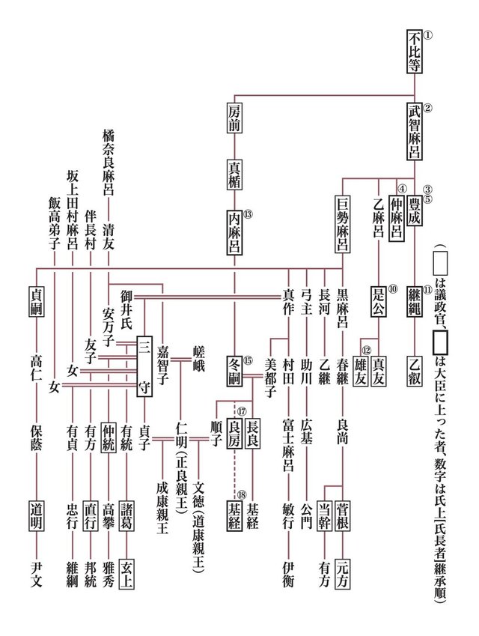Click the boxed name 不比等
coord(414,51)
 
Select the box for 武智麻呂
coord(414,131)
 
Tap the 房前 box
coord(234,118)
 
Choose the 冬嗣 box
coord(234,371)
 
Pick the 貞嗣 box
coord(37,301)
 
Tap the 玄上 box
coord(126,574)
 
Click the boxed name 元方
coord(343,574)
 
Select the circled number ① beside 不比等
coord(428,35)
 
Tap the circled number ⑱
coord(242,495)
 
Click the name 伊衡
coord(288,575)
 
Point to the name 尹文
coord(37,575)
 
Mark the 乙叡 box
coord(414,371)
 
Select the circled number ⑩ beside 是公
coord(392,289)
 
